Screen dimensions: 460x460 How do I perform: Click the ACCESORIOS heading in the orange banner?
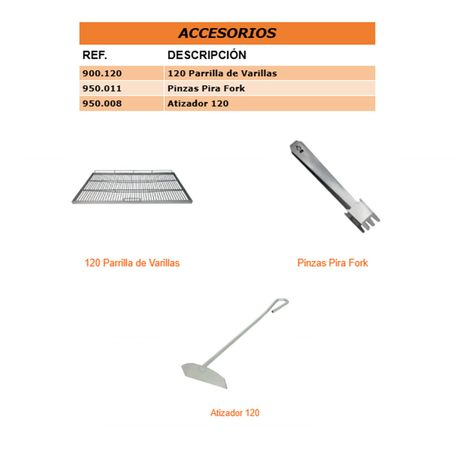(227, 33)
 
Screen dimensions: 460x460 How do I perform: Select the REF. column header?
(95, 55)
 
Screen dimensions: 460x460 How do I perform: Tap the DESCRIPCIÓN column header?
(206, 55)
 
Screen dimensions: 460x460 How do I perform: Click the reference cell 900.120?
(103, 74)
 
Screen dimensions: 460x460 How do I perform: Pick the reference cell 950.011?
(103, 89)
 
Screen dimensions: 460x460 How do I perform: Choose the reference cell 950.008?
(103, 103)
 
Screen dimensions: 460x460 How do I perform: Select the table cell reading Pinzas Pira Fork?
(206, 89)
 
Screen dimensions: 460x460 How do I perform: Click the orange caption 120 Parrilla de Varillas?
(132, 263)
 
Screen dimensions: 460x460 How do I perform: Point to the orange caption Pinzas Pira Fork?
(332, 263)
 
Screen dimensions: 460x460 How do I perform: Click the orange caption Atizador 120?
(235, 413)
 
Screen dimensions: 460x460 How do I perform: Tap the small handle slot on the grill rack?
(134, 200)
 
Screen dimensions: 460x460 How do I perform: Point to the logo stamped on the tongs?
(298, 150)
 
